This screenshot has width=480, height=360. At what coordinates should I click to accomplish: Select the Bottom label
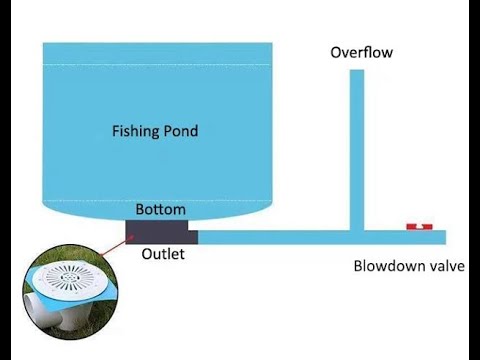161,210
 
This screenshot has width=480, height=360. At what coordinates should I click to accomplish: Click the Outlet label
163,254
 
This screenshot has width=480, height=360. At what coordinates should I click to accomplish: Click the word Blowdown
386,266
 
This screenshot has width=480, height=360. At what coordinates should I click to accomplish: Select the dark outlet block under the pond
162,232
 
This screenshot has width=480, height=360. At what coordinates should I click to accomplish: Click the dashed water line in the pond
160,67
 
